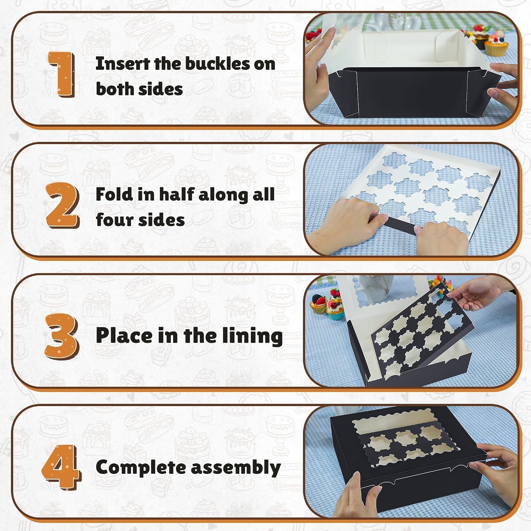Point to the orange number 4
61,467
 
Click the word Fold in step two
112,194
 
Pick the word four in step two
115,220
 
